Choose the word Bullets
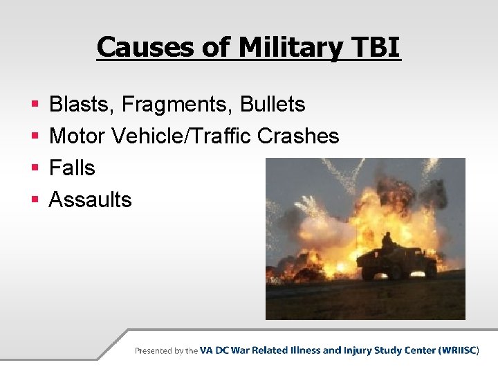pos(273,105)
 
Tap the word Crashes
pos(298,136)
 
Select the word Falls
pos(72,168)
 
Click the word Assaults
pos(90,200)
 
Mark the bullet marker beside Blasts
pos(35,105)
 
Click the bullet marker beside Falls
pos(35,169)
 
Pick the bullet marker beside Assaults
pos(35,201)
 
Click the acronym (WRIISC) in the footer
pos(457,350)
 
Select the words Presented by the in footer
pos(166,350)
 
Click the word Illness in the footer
pos(299,350)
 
